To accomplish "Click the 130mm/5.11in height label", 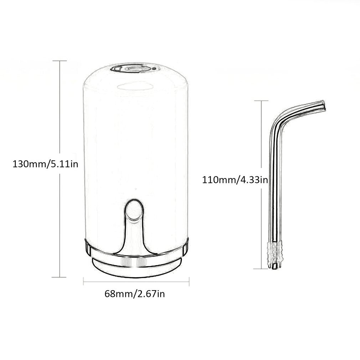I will click(45, 165).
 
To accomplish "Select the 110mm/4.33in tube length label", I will click(235, 179).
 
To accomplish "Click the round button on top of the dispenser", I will click(131, 68).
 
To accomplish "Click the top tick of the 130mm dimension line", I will click(60, 61).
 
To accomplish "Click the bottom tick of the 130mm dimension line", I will click(60, 277).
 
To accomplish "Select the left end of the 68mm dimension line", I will click(83, 282).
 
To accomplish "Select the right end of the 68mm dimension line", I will click(189, 282).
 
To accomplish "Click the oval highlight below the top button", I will click(135, 86).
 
